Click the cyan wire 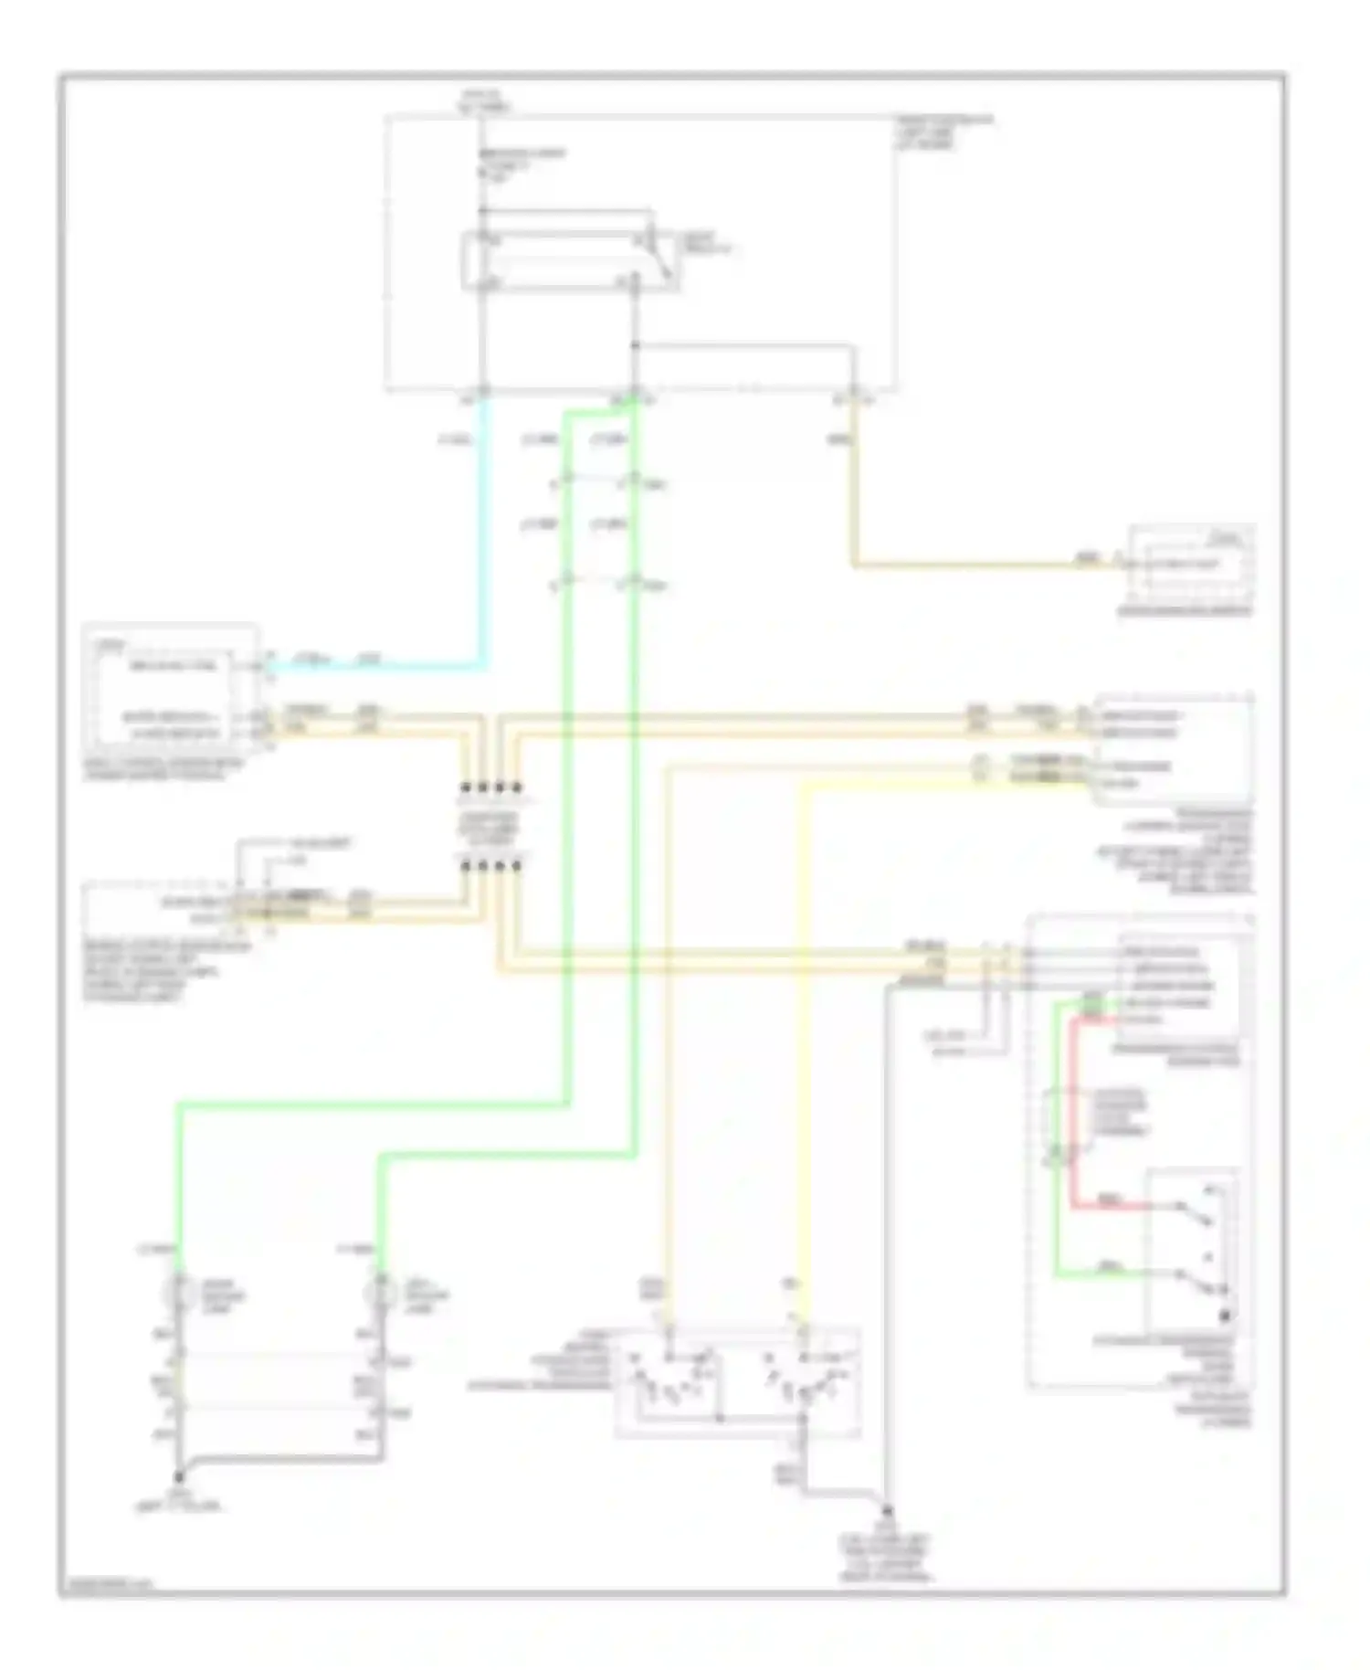pos(482,548)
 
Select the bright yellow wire pos(803,1051)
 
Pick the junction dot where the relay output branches pos(635,346)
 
